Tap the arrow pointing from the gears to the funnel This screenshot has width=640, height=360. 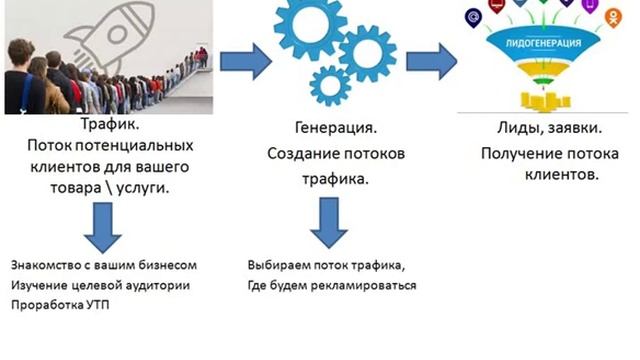tap(426, 55)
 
